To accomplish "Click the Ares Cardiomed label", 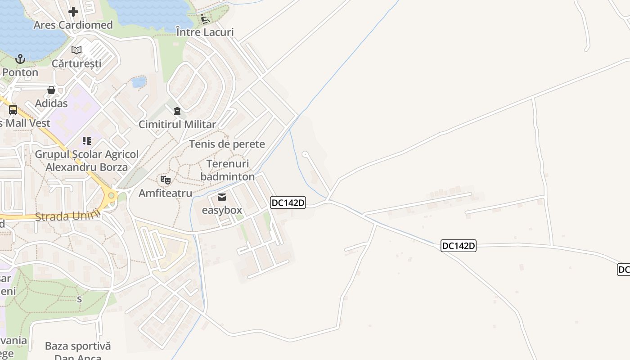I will (x=73, y=25).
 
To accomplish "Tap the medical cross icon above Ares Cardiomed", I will (x=73, y=11).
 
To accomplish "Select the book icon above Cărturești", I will (x=76, y=50).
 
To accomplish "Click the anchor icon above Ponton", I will (x=20, y=59).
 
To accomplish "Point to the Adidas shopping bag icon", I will (x=51, y=90).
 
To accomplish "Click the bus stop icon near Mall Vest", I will (x=13, y=109).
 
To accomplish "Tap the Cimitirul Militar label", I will (x=177, y=124).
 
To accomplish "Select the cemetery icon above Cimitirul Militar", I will (x=177, y=111).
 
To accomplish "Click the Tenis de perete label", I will (x=227, y=144).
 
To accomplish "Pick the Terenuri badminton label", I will (x=228, y=170).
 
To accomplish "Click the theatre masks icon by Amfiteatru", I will (x=166, y=180).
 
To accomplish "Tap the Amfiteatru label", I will (x=165, y=193).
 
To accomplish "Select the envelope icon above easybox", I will (x=222, y=197).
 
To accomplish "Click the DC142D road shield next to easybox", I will (x=288, y=203).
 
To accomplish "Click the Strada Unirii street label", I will (x=67, y=216).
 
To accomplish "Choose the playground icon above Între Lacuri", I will (x=205, y=19).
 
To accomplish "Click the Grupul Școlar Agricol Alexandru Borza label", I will (x=87, y=161).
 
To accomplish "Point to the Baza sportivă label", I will (x=78, y=346).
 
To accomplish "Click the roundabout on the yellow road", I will (x=111, y=195).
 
